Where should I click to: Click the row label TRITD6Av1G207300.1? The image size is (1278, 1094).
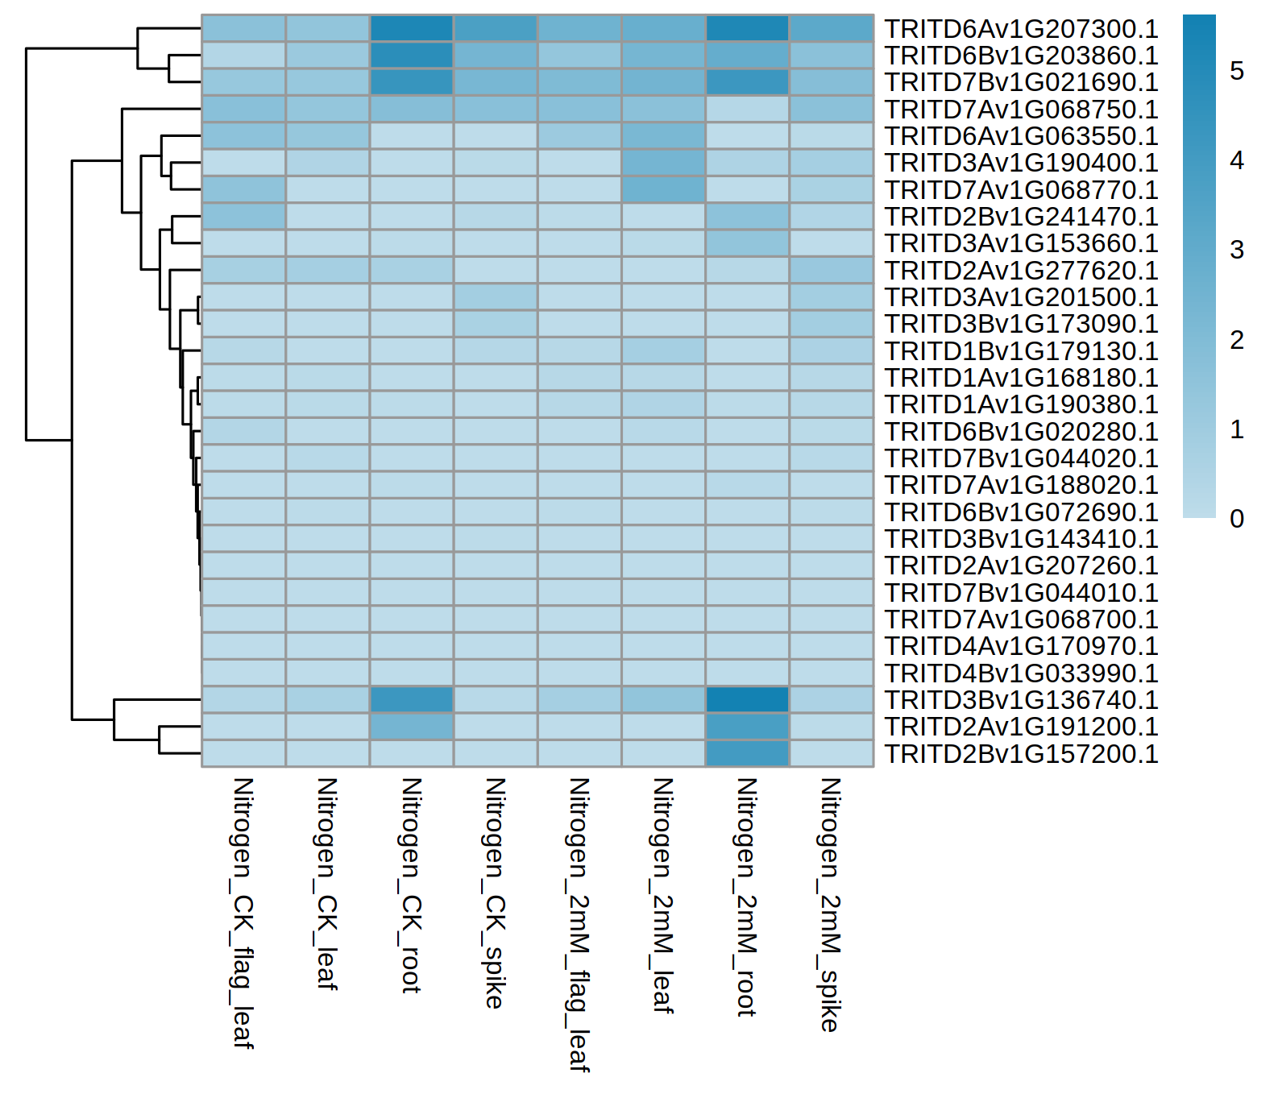(x=1021, y=29)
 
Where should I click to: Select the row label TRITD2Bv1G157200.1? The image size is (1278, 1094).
(x=1021, y=754)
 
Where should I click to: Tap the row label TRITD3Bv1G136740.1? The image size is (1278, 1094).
(x=1021, y=700)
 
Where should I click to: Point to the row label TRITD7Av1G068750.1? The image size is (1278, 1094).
(x=1021, y=110)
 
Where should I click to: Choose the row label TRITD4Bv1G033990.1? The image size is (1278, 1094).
(x=1021, y=673)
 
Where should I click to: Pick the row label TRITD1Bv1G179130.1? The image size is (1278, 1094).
(x=1021, y=351)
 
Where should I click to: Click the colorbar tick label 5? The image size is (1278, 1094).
(x=1237, y=71)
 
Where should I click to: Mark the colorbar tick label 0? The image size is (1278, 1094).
(x=1237, y=519)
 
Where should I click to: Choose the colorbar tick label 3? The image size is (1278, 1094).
(x=1237, y=251)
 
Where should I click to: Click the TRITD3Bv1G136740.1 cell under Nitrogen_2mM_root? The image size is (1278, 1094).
(x=747, y=700)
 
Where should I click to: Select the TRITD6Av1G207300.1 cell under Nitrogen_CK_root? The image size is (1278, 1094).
(x=411, y=29)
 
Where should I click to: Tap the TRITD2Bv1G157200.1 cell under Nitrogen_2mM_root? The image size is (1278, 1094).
(x=747, y=754)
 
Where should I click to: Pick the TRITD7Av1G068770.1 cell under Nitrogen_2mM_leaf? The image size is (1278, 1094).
(x=663, y=190)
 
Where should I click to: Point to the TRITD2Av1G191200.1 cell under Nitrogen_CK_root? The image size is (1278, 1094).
(x=411, y=727)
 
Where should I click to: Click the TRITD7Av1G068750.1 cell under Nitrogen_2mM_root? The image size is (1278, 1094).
(x=747, y=110)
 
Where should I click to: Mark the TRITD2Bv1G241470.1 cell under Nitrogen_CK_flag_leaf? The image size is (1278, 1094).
(x=243, y=217)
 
